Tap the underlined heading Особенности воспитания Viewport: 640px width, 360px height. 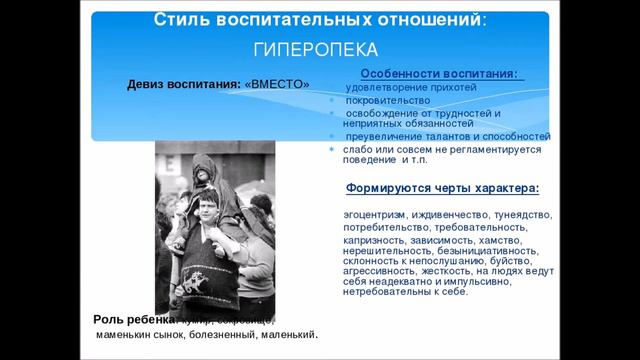pos(437,75)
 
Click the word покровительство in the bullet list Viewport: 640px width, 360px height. pos(388,100)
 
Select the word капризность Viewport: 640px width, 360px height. pos(372,240)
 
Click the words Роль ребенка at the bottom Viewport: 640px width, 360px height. pos(125,319)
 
